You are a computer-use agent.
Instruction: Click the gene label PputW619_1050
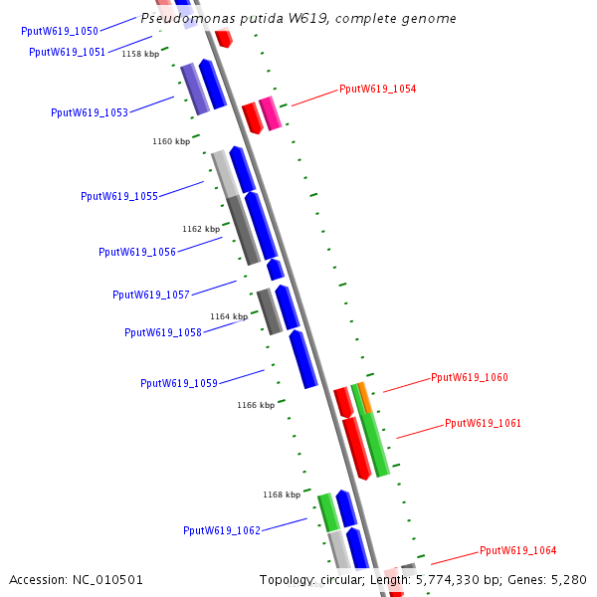pos(60,31)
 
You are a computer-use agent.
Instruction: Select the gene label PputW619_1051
pos(68,52)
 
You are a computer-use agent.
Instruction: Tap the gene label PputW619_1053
pos(90,112)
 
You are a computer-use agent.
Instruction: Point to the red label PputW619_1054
pos(377,89)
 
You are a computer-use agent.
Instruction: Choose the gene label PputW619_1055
pos(119,196)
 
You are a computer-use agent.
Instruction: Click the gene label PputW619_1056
pos(137,252)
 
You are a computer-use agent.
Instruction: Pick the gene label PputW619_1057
pos(151,295)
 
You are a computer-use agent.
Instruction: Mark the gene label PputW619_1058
pos(163,332)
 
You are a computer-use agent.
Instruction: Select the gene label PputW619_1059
pos(179,383)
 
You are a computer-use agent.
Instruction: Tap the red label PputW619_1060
pos(469,377)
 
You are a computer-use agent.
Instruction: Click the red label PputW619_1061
pos(483,423)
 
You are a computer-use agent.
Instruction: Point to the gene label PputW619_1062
pos(222,530)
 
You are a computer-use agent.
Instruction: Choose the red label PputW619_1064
pos(517,550)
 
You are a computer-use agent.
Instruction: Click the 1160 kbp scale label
pos(171,141)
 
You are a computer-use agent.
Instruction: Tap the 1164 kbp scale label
pos(229,316)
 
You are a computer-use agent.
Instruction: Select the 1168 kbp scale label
pos(282,495)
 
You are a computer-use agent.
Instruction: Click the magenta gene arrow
pos(270,112)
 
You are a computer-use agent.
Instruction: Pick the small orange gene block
pos(365,397)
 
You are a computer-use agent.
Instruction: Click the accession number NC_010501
pos(77,579)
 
